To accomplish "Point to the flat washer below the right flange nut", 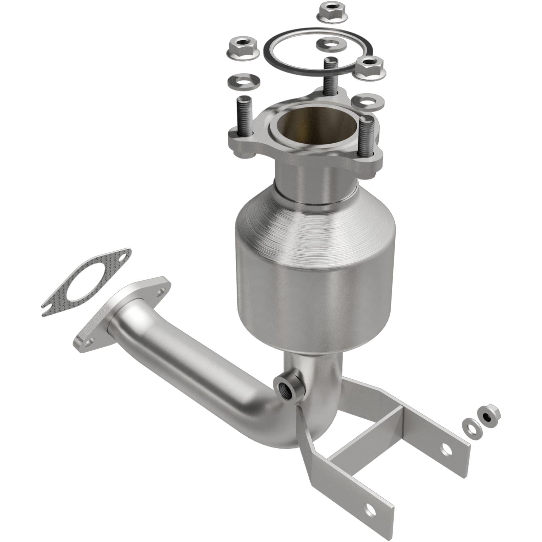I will click(368, 101).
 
